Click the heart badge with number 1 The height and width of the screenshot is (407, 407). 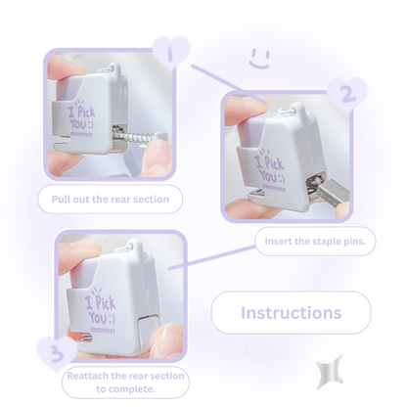pyautogui.click(x=171, y=52)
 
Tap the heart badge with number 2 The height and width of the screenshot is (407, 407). pyautogui.click(x=347, y=94)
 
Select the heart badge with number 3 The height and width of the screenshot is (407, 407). pyautogui.click(x=57, y=353)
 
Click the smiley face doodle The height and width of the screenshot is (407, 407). pyautogui.click(x=260, y=59)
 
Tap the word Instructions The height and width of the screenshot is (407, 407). pyautogui.click(x=291, y=313)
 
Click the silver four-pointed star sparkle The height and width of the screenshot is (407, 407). pyautogui.click(x=330, y=372)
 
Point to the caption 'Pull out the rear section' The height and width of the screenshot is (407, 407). pyautogui.click(x=111, y=200)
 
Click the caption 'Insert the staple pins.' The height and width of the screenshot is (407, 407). pyautogui.click(x=315, y=242)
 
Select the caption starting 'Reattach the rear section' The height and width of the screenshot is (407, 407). pyautogui.click(x=125, y=383)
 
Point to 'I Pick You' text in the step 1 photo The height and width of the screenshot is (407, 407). pyautogui.click(x=81, y=116)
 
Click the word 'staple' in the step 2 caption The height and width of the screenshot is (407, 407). pyautogui.click(x=326, y=242)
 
